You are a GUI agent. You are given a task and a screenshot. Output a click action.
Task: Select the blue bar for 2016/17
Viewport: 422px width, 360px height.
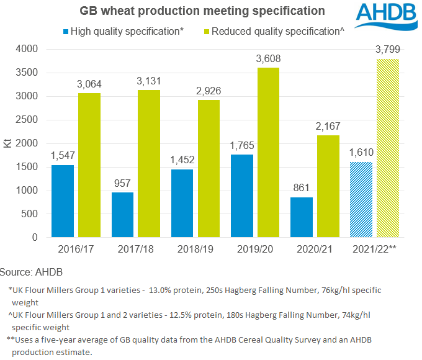coord(63,201)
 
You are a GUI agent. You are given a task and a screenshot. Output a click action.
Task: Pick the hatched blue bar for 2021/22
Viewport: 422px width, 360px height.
coord(362,199)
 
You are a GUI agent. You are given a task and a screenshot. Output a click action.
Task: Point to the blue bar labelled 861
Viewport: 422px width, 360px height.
coord(302,217)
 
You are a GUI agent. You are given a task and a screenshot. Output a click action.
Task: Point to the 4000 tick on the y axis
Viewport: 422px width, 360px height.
coord(28,49)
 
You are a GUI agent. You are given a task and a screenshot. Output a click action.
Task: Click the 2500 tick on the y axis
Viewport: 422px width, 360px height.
coord(28,120)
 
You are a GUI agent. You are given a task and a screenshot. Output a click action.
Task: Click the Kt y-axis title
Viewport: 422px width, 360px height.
coord(8,143)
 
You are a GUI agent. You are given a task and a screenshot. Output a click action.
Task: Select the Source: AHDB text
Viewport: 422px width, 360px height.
coord(31,272)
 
